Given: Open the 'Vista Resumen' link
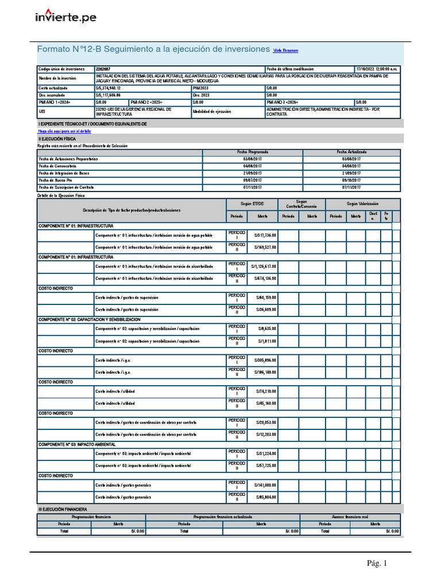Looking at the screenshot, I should (x=285, y=50).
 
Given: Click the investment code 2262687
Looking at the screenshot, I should (x=104, y=69).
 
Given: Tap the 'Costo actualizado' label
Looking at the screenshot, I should (x=53, y=88).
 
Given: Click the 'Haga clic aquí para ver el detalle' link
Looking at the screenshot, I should (x=64, y=131).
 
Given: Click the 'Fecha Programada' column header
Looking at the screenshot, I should (x=253, y=152).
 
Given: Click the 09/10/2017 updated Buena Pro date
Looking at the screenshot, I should (x=351, y=180).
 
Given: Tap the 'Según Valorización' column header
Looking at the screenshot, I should (x=362, y=204).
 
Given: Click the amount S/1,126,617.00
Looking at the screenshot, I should (x=263, y=267).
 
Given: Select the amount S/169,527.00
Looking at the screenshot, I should (x=264, y=247).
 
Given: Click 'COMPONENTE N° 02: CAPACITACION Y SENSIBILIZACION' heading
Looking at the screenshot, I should (x=89, y=319).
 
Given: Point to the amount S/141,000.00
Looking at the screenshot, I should (x=264, y=485).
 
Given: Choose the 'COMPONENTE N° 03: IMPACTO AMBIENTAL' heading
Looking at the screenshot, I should (x=77, y=444).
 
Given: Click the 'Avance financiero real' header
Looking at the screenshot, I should (x=349, y=516).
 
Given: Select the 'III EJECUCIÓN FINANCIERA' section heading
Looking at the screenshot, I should (x=63, y=508).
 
